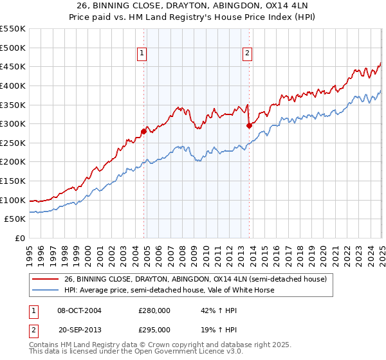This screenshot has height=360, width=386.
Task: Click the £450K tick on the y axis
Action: [13, 66]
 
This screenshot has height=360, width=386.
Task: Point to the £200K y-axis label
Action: [13, 162]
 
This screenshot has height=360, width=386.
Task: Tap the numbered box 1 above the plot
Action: [142, 54]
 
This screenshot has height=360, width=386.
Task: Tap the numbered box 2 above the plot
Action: [248, 54]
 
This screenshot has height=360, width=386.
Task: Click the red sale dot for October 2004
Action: [143, 131]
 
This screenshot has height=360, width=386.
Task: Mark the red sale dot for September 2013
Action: [249, 126]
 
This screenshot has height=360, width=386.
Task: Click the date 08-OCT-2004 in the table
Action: [80, 310]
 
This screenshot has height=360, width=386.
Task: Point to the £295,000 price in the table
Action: [154, 329]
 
